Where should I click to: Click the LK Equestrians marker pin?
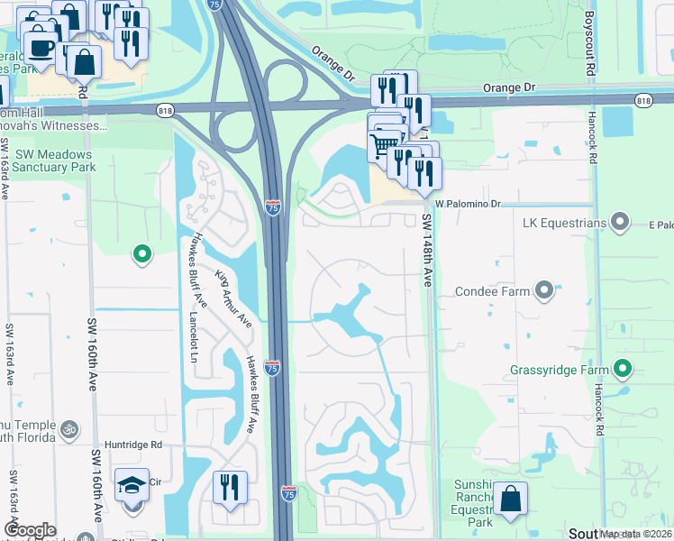[x=619, y=221]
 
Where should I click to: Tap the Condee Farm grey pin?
[x=543, y=290]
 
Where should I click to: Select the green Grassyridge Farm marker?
[x=623, y=368]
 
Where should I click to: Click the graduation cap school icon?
[x=132, y=486]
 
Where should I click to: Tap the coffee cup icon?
[x=40, y=46]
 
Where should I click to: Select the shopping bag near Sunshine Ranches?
[x=511, y=500]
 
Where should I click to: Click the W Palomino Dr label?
[x=466, y=205]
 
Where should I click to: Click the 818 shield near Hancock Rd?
[x=643, y=101]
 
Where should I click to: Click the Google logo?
[x=30, y=530]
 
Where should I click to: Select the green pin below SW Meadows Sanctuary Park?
[x=141, y=256]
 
